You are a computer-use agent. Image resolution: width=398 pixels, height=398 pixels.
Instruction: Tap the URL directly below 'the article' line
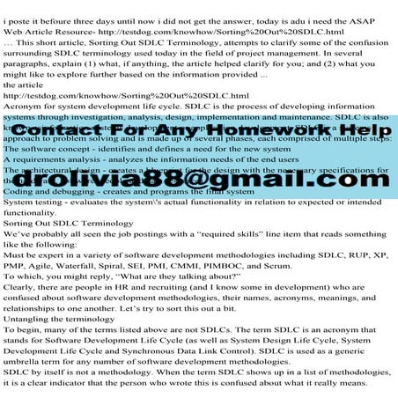(x=126, y=96)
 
